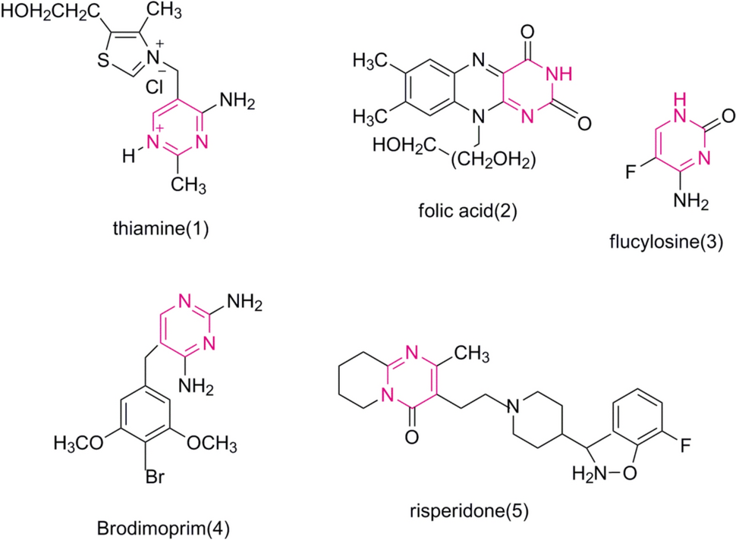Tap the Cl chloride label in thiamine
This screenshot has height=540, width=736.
(x=156, y=86)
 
